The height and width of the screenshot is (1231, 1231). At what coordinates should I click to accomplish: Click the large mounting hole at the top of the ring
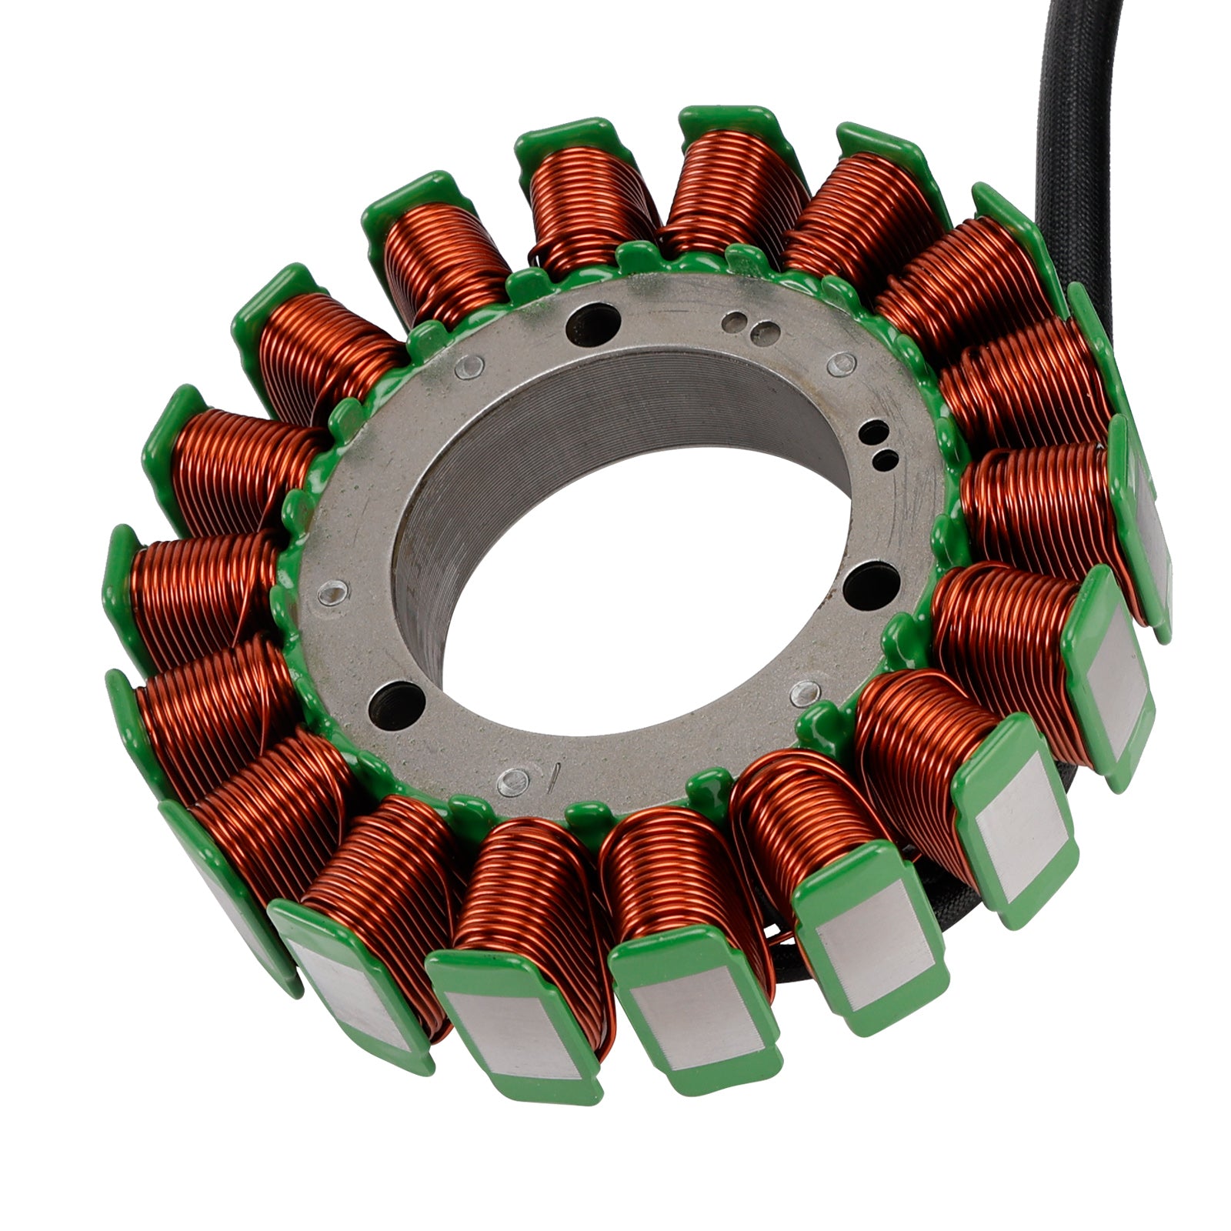point(592,323)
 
